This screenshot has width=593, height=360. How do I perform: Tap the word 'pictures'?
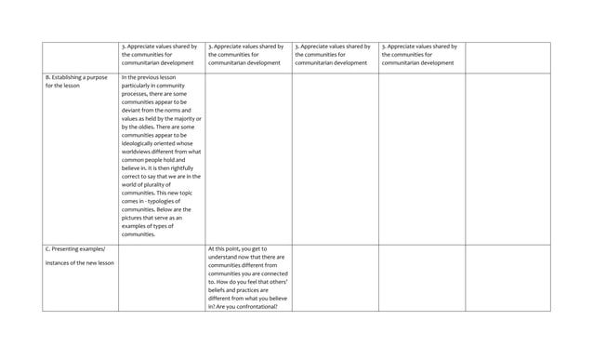click(x=136, y=255)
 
